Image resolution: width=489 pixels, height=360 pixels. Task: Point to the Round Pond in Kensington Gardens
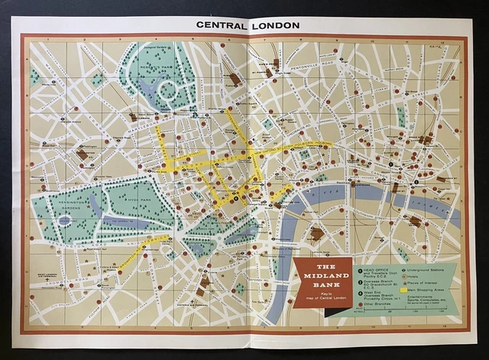coord(64,221)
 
